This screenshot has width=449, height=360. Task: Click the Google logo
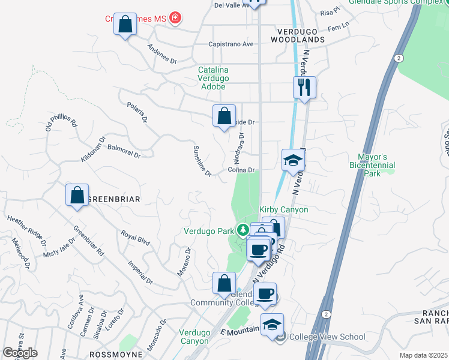[20, 352]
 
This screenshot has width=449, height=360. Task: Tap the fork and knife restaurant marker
[305, 88]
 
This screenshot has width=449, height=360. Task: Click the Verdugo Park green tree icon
[243, 230]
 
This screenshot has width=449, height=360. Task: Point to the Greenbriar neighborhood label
[114, 199]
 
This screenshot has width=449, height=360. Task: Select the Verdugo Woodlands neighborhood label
[301, 35]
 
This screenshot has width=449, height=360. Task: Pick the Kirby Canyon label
[283, 209]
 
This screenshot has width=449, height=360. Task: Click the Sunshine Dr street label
[202, 161]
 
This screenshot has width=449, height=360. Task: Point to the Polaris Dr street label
[137, 112]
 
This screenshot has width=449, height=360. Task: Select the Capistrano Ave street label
[231, 44]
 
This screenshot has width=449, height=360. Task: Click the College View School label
[327, 337]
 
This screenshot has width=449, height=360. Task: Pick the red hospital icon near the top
[175, 19]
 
